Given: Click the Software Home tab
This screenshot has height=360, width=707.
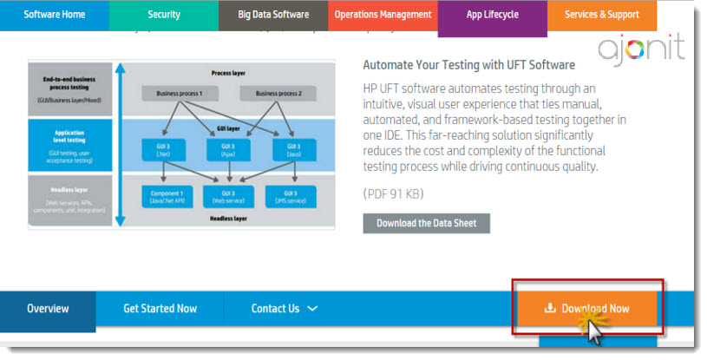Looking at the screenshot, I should (x=54, y=15).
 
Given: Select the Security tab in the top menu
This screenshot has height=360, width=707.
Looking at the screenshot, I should (x=163, y=15).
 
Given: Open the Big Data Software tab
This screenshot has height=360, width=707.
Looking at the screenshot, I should (x=273, y=15).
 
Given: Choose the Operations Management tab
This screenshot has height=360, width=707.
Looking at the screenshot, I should (x=383, y=15).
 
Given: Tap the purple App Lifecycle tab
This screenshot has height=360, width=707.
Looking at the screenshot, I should (x=492, y=16).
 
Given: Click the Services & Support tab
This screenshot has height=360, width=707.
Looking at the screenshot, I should (x=601, y=15).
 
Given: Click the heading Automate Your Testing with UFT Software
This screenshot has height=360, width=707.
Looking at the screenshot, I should (x=468, y=65).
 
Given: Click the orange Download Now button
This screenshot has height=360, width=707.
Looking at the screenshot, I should (x=586, y=308).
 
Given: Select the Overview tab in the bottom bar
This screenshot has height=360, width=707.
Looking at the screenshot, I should (x=48, y=309).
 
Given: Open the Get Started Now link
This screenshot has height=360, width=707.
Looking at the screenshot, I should (x=160, y=309).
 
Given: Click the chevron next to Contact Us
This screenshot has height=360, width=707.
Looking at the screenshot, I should (x=312, y=309).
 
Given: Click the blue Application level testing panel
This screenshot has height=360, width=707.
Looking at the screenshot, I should (x=70, y=143).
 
